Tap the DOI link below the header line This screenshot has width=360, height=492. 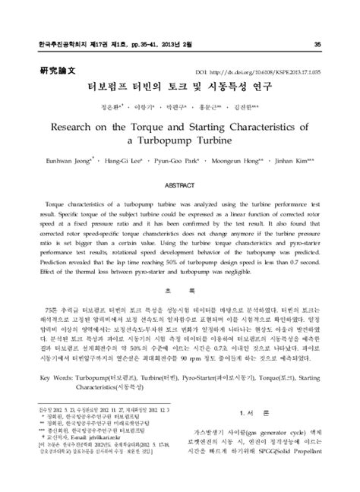pyautogui.click(x=269, y=69)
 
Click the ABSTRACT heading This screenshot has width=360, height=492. pyautogui.click(x=180, y=184)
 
